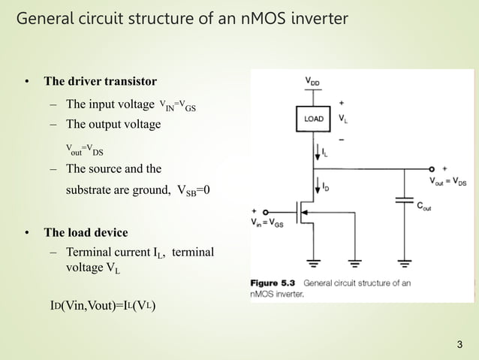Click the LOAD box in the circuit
click(x=314, y=119)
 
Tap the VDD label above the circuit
click(x=315, y=80)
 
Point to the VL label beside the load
click(x=343, y=119)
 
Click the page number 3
click(x=459, y=345)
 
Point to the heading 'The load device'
click(x=86, y=232)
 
